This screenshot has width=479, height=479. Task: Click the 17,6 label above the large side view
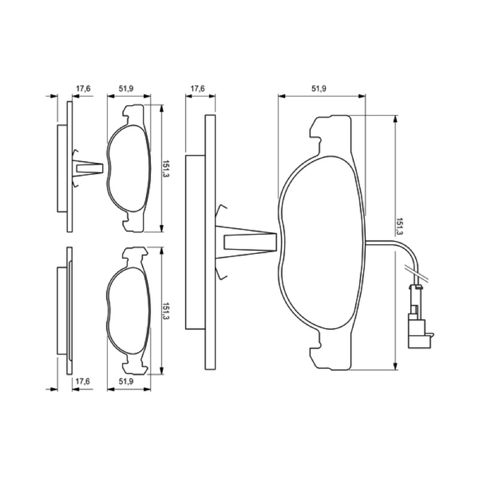pos(198,89)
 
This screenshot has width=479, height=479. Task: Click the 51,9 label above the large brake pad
pos(319,89)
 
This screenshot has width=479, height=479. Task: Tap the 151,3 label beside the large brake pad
pos(399,226)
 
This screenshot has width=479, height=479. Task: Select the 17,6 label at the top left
pos(83,89)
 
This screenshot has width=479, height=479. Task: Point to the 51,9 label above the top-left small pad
pos(126,89)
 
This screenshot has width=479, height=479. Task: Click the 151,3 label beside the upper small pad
pos(165,169)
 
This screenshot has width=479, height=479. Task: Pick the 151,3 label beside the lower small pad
pos(165,311)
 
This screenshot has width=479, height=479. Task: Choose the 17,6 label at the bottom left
pos(83,381)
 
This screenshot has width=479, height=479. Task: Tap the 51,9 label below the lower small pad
pos(126,381)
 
